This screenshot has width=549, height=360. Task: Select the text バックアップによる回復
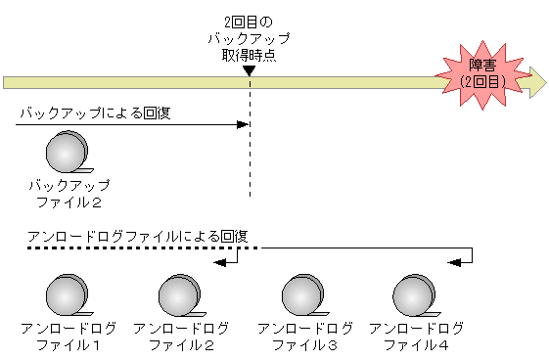[x=95, y=112]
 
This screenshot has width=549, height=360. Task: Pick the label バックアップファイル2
[x=69, y=194]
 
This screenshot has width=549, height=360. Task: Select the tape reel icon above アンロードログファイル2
[x=179, y=294]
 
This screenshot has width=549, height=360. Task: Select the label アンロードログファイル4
[x=415, y=337]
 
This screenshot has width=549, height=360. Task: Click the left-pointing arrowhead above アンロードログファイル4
[x=453, y=261]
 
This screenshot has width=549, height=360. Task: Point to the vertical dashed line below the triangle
[x=250, y=157]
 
